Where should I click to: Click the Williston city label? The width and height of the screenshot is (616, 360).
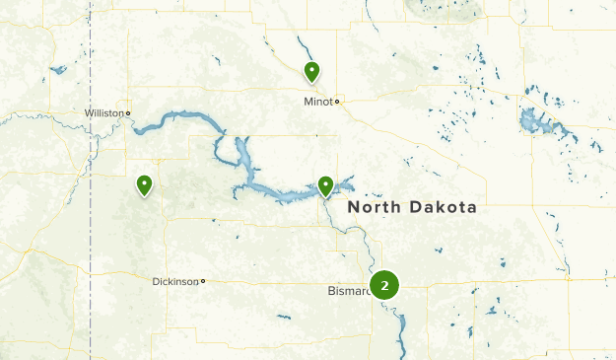pyautogui.click(x=104, y=113)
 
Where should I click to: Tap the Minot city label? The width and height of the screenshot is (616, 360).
pyautogui.click(x=317, y=101)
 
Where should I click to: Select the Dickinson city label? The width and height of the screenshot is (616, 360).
pyautogui.click(x=175, y=281)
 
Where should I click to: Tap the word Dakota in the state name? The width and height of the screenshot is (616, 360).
pyautogui.click(x=444, y=208)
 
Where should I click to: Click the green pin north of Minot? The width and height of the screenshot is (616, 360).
pyautogui.click(x=311, y=71)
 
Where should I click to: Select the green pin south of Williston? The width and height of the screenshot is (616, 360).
pyautogui.click(x=145, y=184)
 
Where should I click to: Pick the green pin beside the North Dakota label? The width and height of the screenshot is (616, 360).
pyautogui.click(x=326, y=184)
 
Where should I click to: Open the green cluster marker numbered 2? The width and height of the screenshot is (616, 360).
pyautogui.click(x=384, y=286)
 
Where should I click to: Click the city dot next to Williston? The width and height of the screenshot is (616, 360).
pyautogui.click(x=128, y=113)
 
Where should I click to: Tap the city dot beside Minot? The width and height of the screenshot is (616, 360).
pyautogui.click(x=336, y=101)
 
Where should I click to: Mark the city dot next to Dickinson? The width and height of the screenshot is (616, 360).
pyautogui.click(x=203, y=281)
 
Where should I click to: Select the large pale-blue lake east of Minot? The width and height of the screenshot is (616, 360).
pyautogui.click(x=538, y=123)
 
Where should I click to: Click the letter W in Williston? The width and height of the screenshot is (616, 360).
pyautogui.click(x=89, y=113)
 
